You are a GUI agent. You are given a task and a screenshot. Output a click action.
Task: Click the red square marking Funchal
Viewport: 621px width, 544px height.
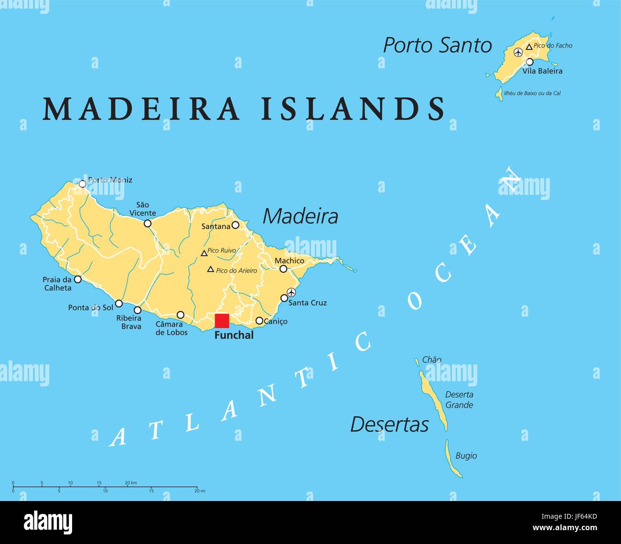222,321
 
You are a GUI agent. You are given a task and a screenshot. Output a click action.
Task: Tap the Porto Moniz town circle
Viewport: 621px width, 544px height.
82,183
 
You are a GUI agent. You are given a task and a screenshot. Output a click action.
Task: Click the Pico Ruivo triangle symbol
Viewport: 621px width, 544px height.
204,253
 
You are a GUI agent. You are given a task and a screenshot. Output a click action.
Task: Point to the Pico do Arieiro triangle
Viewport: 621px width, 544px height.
210,269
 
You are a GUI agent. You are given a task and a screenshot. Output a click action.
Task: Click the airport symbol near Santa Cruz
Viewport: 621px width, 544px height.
291,292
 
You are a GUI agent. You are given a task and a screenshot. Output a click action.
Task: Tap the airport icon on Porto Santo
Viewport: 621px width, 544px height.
518,52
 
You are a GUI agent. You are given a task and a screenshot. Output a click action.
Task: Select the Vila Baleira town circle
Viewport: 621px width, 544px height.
529,62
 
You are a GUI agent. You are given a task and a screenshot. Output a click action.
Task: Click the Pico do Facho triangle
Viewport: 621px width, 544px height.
529,47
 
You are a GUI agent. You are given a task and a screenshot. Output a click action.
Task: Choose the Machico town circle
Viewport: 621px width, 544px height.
283,269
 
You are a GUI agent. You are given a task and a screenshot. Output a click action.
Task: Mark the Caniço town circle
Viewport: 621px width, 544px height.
259,321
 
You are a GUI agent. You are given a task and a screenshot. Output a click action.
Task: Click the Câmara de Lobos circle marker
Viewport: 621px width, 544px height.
181,315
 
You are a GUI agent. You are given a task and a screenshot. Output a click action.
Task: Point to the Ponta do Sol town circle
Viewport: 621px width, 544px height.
119,303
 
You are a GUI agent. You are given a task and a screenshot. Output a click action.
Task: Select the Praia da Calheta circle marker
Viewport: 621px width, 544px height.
77,279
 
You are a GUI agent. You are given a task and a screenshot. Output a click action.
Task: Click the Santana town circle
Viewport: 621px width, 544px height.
235,225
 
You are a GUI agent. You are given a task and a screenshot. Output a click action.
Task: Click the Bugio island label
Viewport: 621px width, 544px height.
466,456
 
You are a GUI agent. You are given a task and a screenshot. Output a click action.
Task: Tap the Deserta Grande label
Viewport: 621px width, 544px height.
459,400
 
